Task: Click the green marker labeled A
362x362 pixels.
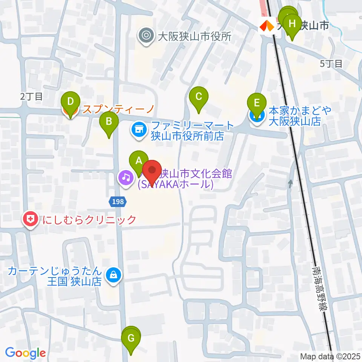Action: point(139,161)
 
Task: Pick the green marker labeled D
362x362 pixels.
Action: point(70,102)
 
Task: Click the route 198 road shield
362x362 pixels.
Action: point(118,202)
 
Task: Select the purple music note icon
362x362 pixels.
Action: point(126,177)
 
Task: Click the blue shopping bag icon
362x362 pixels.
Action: point(113,275)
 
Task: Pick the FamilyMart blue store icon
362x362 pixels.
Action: point(138,130)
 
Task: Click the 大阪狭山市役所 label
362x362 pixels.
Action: point(194,36)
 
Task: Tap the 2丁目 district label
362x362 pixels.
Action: point(32,96)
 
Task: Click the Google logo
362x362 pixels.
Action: point(25,353)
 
